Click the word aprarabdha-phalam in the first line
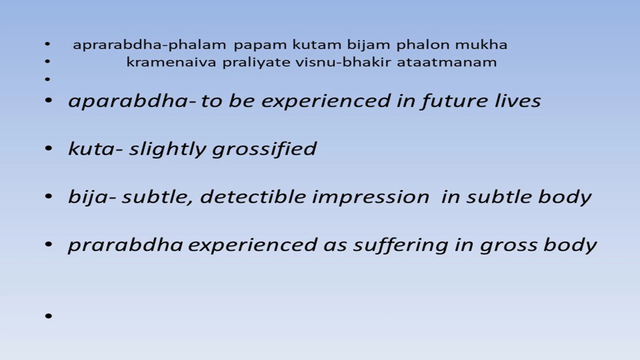click(x=149, y=45)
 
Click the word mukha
click(x=481, y=45)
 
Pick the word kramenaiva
click(x=171, y=63)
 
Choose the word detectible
click(x=253, y=197)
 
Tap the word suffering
click(x=401, y=245)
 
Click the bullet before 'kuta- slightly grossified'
click(x=49, y=149)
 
